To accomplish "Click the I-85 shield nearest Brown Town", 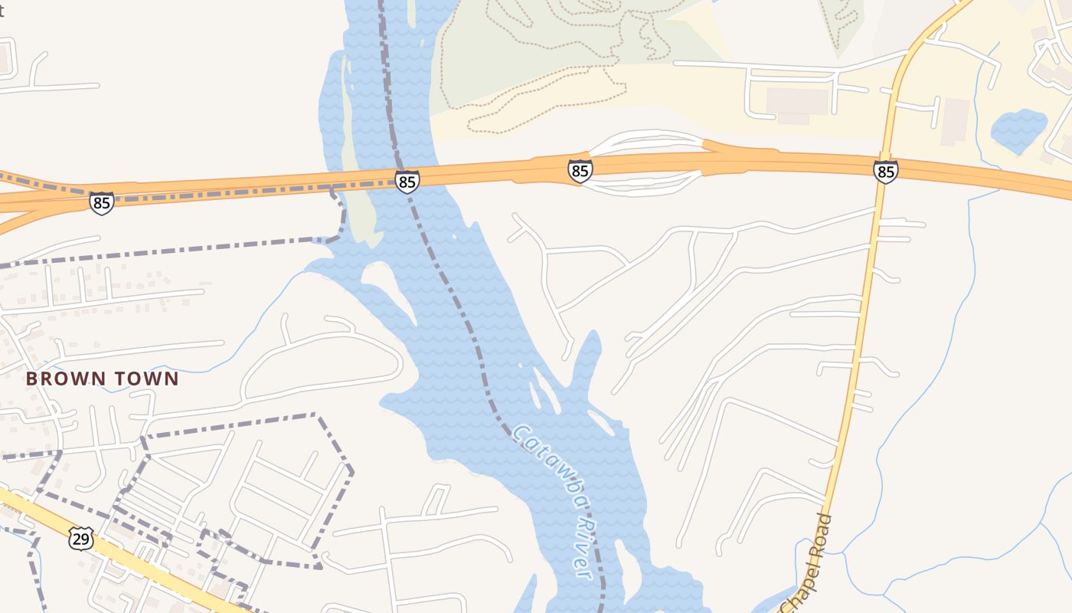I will point(101,203).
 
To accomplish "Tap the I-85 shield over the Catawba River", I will point(407,182).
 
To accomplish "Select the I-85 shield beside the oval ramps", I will point(580,171).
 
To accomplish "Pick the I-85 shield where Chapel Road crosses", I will point(885,172).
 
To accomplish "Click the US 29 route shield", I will point(81,538).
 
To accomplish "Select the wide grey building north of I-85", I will point(797,102).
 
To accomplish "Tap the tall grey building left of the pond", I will point(955,121).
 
